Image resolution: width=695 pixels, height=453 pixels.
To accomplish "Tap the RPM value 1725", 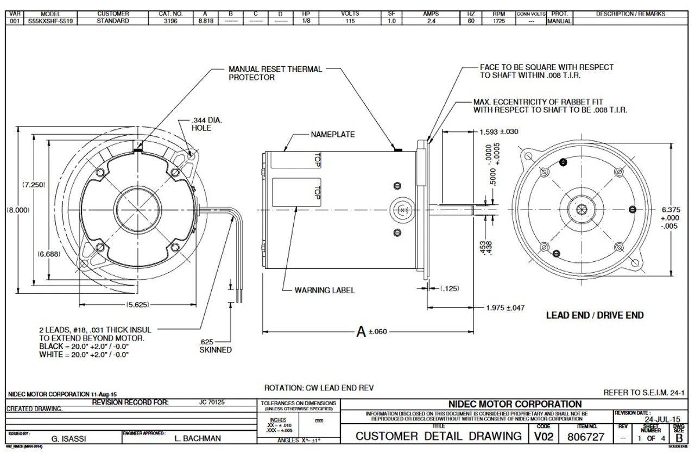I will pyautogui.click(x=499, y=21).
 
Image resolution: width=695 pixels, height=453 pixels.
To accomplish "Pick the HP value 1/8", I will pyautogui.click(x=306, y=21).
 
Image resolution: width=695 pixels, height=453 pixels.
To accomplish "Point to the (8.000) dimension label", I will pyautogui.click(x=17, y=210).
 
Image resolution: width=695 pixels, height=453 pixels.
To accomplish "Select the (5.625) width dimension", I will pyautogui.click(x=138, y=305).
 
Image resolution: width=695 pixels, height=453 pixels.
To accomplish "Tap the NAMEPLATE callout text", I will pyautogui.click(x=333, y=134).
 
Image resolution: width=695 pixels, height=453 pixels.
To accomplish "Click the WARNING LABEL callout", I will pyautogui.click(x=325, y=290).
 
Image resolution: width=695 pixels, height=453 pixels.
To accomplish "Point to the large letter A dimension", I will pyautogui.click(x=361, y=331).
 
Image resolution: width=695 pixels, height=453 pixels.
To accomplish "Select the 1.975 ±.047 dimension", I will pyautogui.click(x=505, y=308).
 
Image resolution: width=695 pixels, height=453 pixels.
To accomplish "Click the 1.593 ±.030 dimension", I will pyautogui.click(x=499, y=131).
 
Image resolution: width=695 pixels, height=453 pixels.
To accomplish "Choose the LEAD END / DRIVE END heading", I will pyautogui.click(x=595, y=316).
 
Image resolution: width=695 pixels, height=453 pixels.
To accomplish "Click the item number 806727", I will pyautogui.click(x=586, y=436).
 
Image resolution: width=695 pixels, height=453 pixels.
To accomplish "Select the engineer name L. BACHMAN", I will pyautogui.click(x=197, y=437).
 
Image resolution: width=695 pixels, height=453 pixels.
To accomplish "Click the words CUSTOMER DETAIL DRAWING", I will pyautogui.click(x=439, y=436).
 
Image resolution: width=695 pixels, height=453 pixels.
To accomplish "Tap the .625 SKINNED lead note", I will pyautogui.click(x=216, y=346).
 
